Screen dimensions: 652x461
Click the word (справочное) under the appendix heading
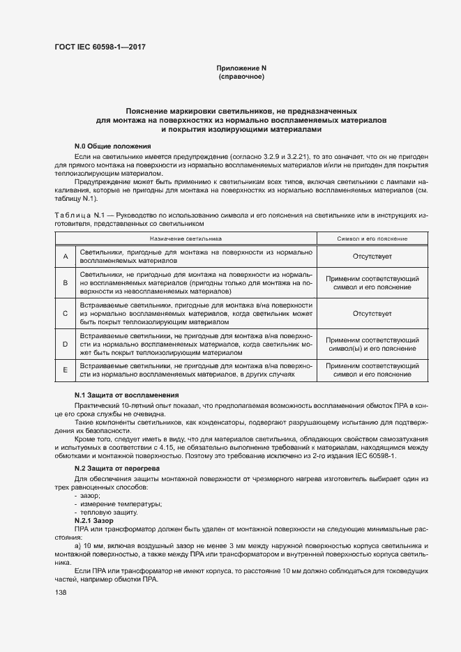pyautogui.click(x=241, y=76)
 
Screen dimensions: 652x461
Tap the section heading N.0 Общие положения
pyautogui.click(x=112, y=146)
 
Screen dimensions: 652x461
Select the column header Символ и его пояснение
pyautogui.click(x=372, y=238)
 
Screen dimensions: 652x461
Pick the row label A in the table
pyautogui.click(x=65, y=257)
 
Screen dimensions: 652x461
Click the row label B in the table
pyautogui.click(x=65, y=283)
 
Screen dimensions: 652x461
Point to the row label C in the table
pyautogui.click(x=65, y=314)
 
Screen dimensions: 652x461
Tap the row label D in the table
pyautogui.click(x=65, y=344)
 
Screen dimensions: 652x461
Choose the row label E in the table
pyautogui.click(x=65, y=370)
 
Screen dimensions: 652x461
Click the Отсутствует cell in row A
pyautogui.click(x=372, y=257)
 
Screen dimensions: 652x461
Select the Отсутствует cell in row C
pyautogui.click(x=372, y=314)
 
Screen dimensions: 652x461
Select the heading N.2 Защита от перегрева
pyautogui.click(x=117, y=469)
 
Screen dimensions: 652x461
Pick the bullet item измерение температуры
pyautogui.click(x=112, y=503)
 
